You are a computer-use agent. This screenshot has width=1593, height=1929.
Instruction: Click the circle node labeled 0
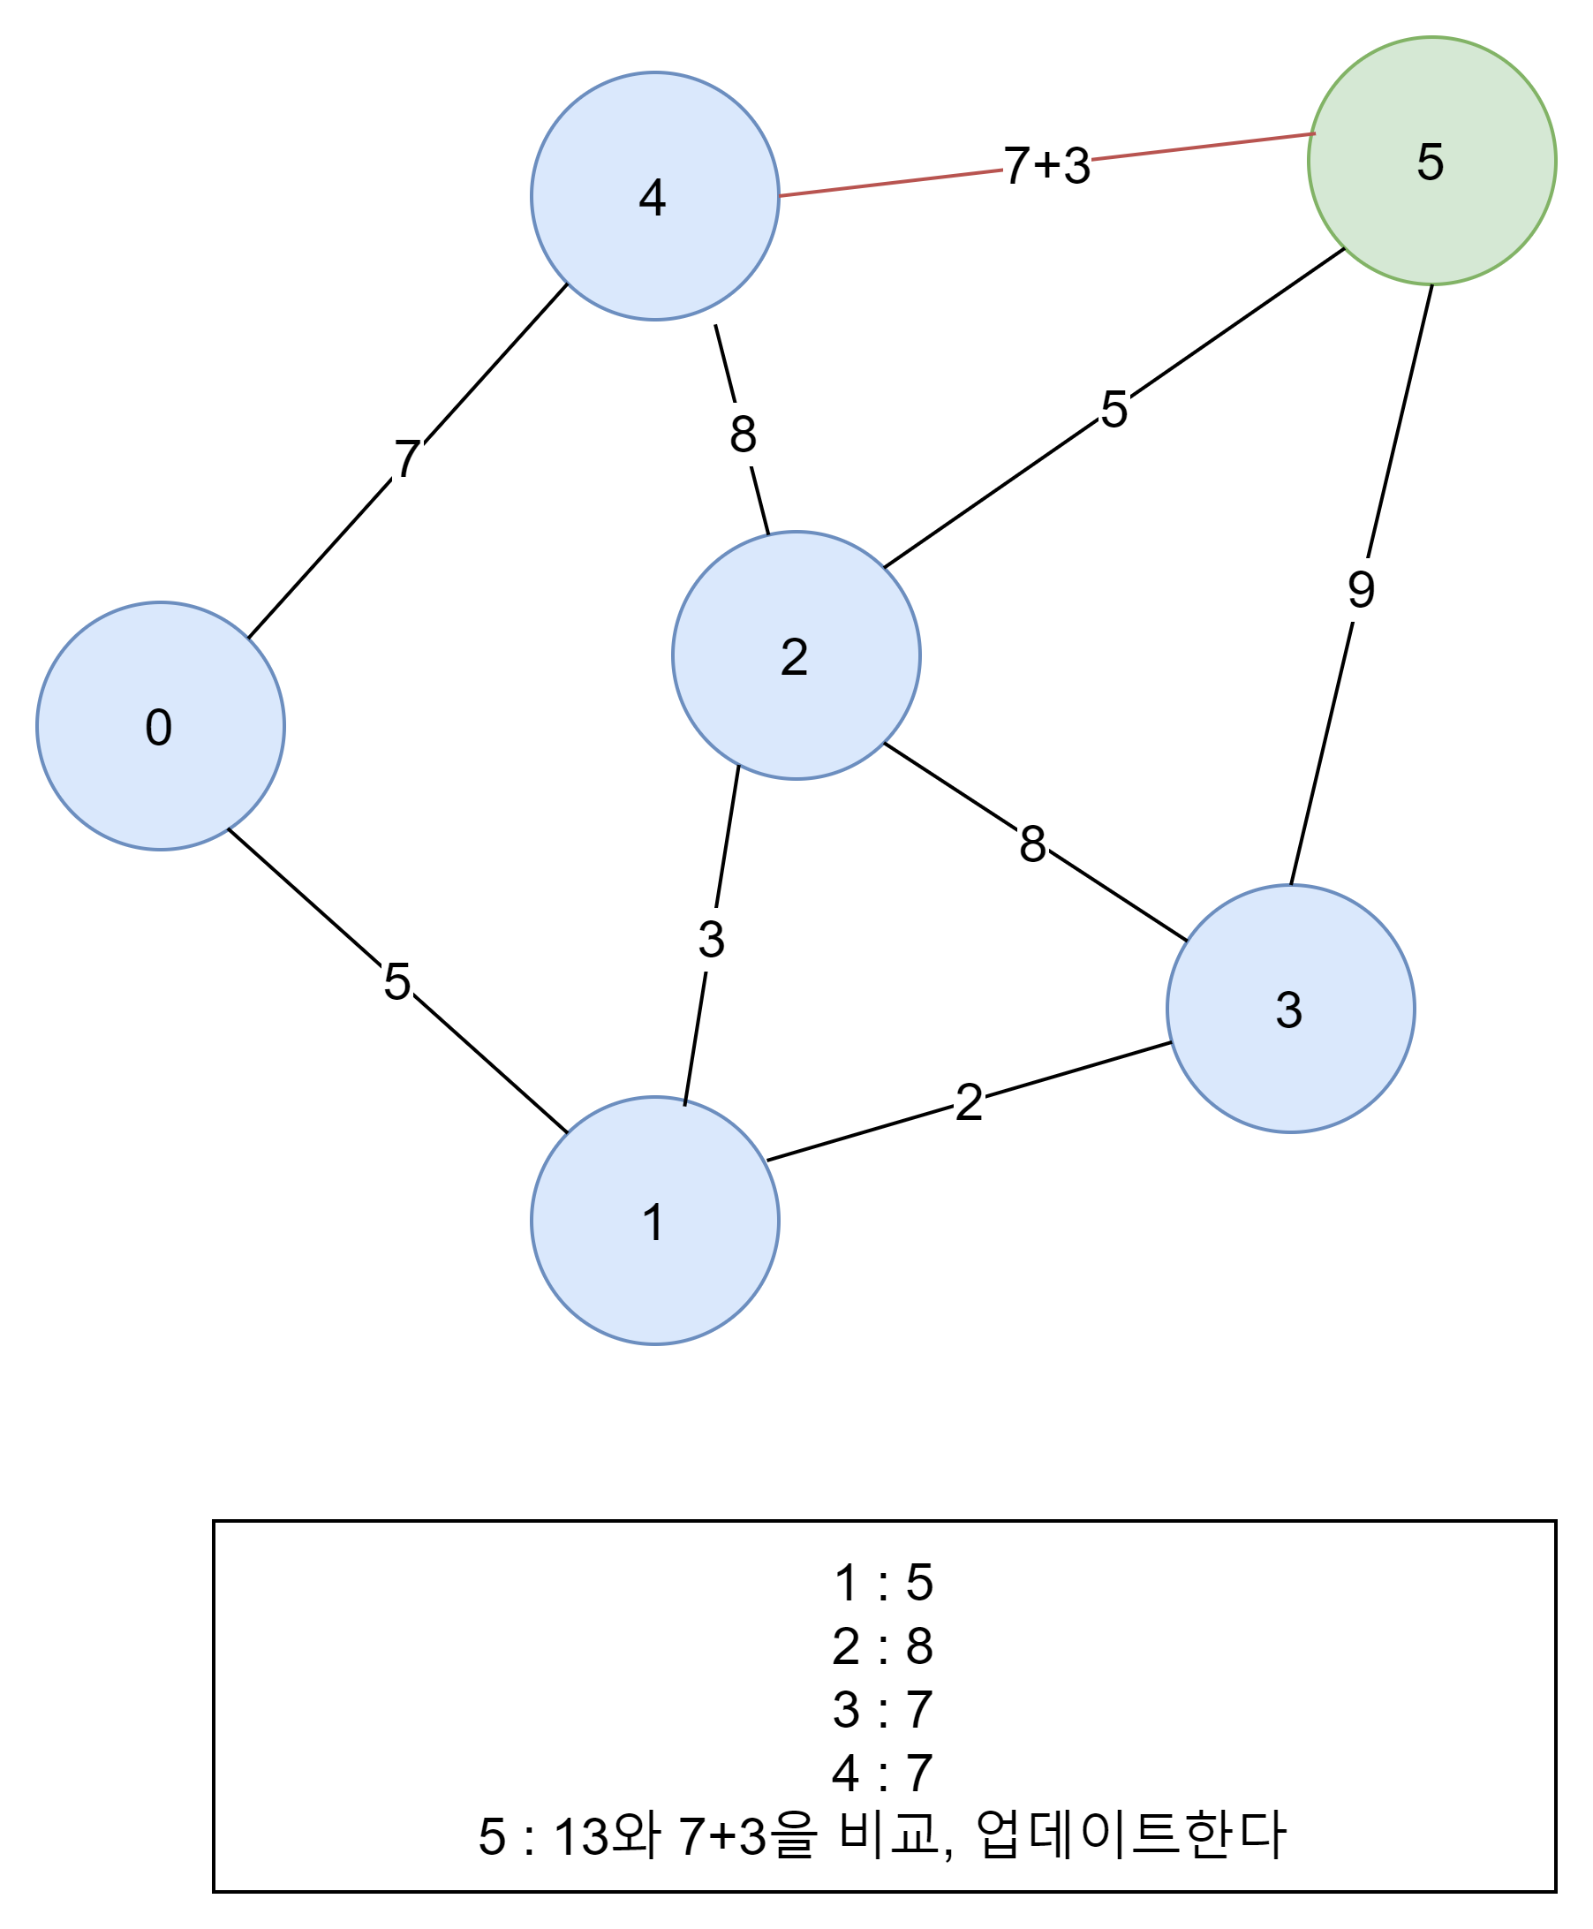pyautogui.click(x=160, y=726)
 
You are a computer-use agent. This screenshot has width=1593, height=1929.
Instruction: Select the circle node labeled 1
pyautogui.click(x=654, y=1221)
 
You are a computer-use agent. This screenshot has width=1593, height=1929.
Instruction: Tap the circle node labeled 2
pyautogui.click(x=796, y=655)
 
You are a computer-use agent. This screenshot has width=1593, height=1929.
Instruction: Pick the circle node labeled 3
pyautogui.click(x=1290, y=1009)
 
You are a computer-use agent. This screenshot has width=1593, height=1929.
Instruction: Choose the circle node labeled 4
pyautogui.click(x=654, y=196)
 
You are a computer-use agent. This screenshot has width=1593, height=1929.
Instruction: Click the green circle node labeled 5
pyautogui.click(x=1431, y=161)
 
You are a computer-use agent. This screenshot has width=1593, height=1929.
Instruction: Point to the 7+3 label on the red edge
pyautogui.click(x=1046, y=165)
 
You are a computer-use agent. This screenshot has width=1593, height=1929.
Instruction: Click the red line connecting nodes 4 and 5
pyautogui.click(x=890, y=183)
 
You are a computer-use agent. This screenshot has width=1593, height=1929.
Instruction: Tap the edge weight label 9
pyautogui.click(x=1361, y=589)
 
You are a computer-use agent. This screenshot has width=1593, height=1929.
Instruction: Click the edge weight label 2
pyautogui.click(x=969, y=1101)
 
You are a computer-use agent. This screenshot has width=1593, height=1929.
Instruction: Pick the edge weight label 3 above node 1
pyautogui.click(x=711, y=939)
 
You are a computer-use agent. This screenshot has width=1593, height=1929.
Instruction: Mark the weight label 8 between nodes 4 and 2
pyautogui.click(x=743, y=433)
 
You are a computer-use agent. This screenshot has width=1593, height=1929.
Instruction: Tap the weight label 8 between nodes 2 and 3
pyautogui.click(x=1032, y=843)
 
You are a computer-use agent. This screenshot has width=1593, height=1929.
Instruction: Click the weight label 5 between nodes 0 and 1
pyautogui.click(x=396, y=981)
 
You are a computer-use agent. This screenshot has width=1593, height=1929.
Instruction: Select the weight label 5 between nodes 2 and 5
pyautogui.click(x=1114, y=408)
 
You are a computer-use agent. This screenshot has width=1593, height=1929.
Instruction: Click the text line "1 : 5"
pyautogui.click(x=883, y=1582)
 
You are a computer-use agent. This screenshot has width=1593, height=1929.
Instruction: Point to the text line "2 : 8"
pyautogui.click(x=883, y=1645)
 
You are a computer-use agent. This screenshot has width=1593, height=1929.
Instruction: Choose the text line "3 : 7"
pyautogui.click(x=883, y=1709)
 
